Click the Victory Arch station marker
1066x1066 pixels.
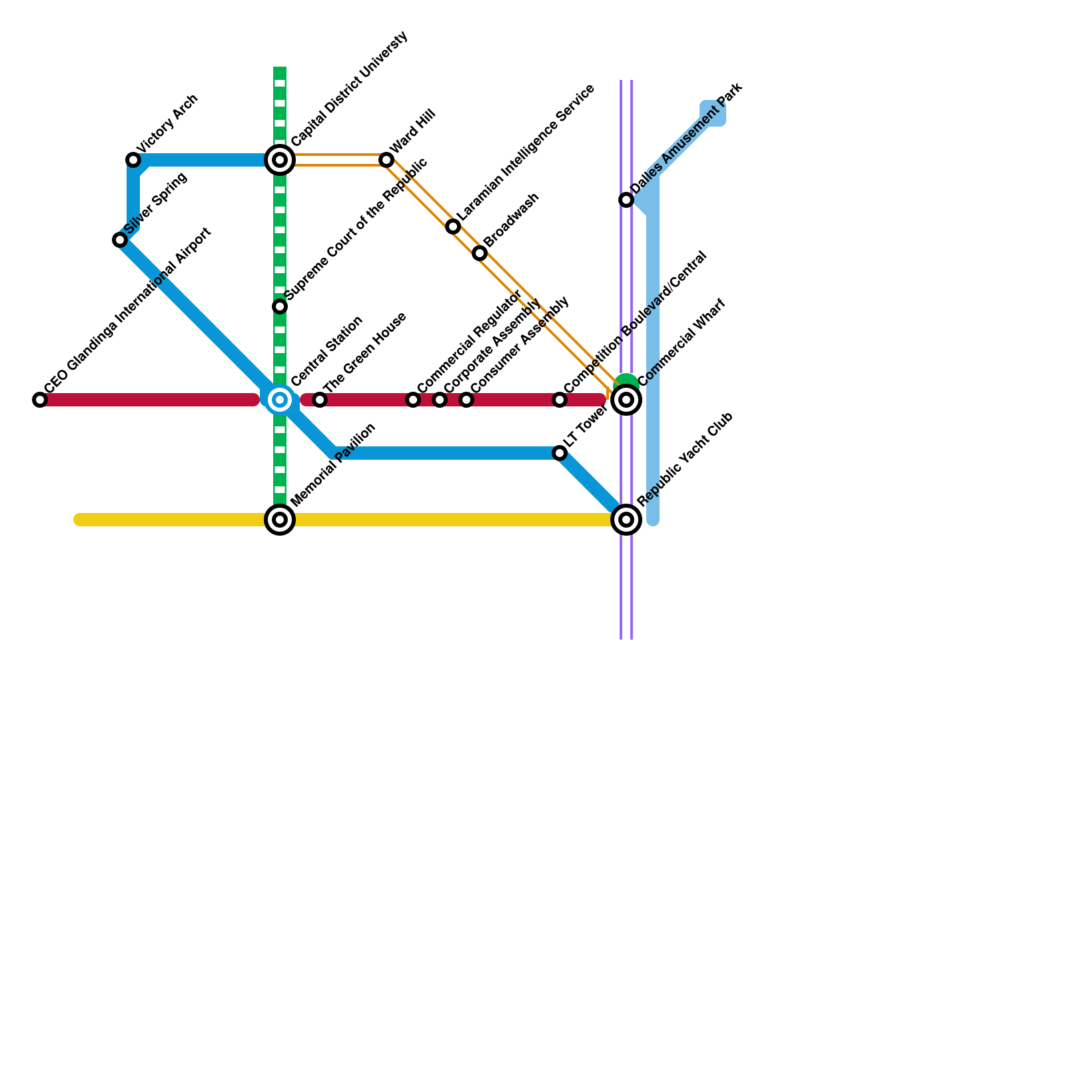tap(133, 160)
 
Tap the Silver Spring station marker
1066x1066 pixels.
tap(120, 240)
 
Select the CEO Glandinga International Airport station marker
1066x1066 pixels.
tap(40, 400)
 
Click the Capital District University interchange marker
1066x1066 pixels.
tap(280, 160)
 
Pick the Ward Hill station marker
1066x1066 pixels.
tap(386, 160)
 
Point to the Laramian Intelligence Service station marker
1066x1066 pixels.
tap(453, 227)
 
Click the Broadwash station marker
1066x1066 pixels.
tap(480, 253)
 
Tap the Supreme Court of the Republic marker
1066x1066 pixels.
tap(280, 306)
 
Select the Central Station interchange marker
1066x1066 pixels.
tap(280, 400)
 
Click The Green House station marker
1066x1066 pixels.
tap(320, 400)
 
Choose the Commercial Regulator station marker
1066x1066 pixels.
tap(413, 400)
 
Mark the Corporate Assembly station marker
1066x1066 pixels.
tap(440, 400)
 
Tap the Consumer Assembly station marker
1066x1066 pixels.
tap(466, 400)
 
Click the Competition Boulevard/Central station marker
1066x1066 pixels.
tap(560, 400)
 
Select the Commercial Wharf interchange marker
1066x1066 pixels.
tap(626, 400)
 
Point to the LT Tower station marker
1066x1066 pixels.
tap(560, 453)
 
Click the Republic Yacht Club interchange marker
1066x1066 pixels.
tap(626, 520)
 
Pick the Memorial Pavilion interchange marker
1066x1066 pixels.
tap(280, 520)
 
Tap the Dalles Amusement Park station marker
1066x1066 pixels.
tap(626, 200)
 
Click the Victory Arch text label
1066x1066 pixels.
tap(167, 123)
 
